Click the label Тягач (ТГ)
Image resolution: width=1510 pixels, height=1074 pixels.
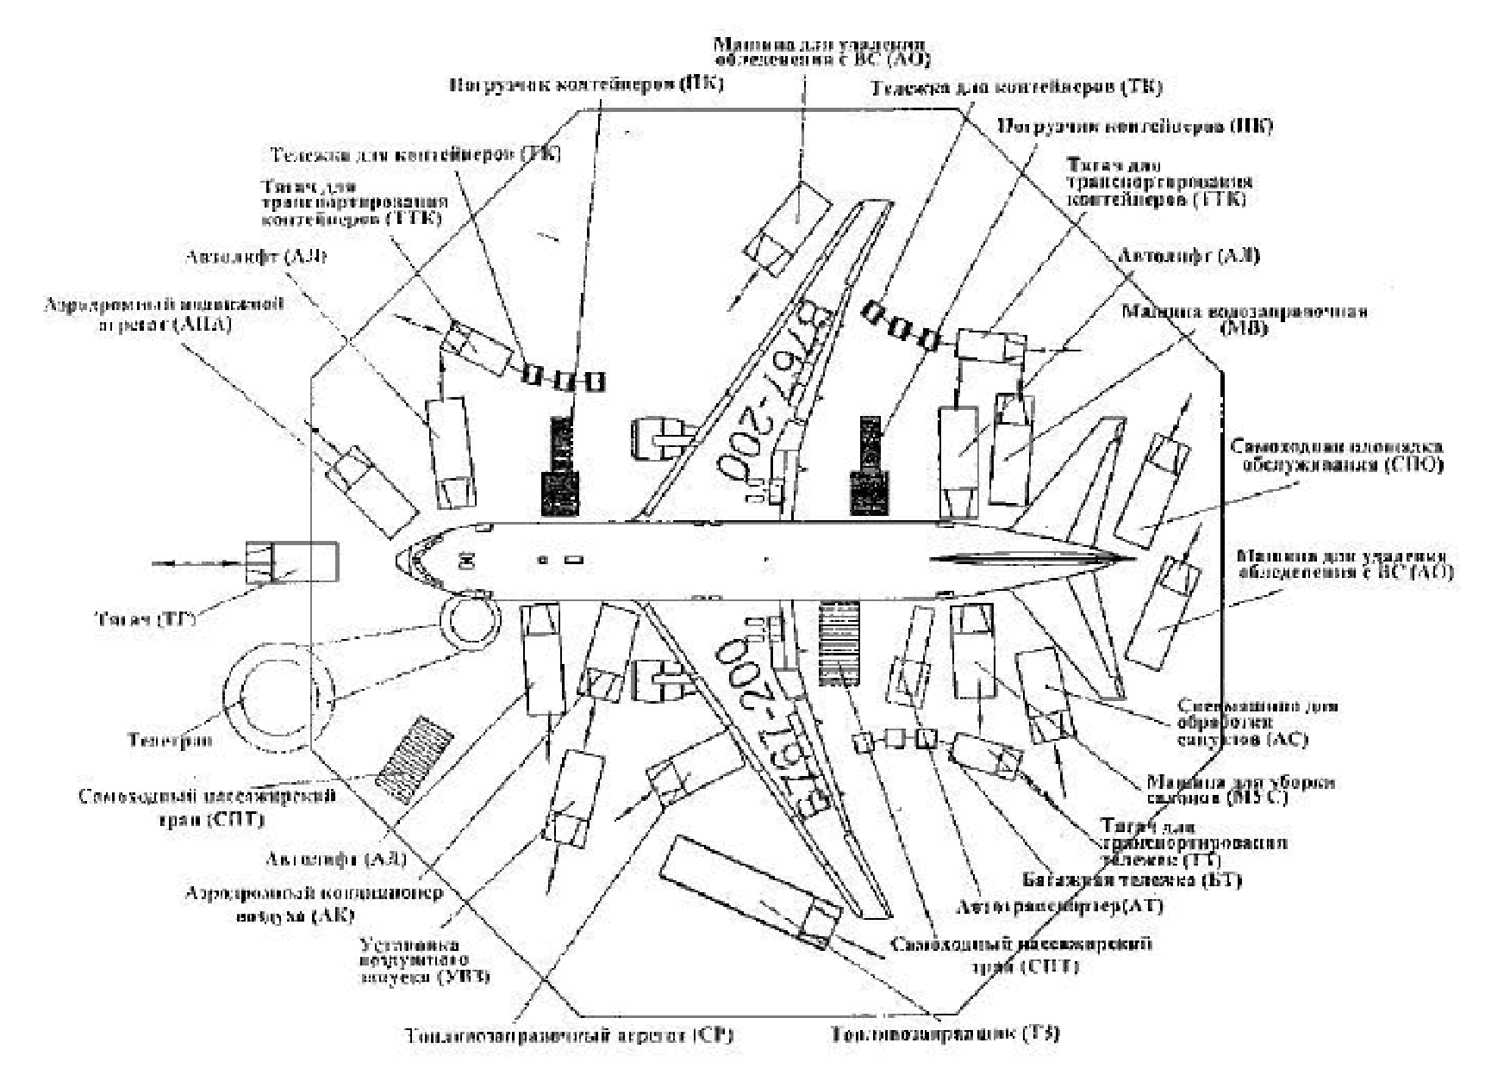pos(143,618)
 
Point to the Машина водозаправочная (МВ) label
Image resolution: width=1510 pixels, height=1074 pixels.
pos(1244,319)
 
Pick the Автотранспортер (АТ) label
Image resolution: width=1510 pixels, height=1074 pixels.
pos(1060,906)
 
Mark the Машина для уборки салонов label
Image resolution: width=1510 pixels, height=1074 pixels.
pos(1240,790)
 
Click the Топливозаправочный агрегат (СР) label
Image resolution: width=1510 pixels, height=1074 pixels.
pos(569,1034)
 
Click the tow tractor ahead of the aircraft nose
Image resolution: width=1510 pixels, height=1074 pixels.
pos(290,562)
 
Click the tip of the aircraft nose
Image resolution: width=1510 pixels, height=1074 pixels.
pos(397,561)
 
